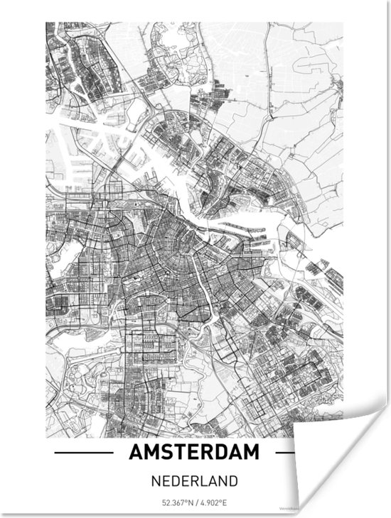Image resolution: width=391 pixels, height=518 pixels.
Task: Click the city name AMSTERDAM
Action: point(195,452)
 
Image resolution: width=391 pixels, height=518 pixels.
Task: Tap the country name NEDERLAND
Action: point(195,481)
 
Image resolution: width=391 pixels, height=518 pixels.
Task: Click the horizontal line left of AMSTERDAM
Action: point(83,452)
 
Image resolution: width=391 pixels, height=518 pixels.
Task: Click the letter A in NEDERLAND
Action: point(213,481)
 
